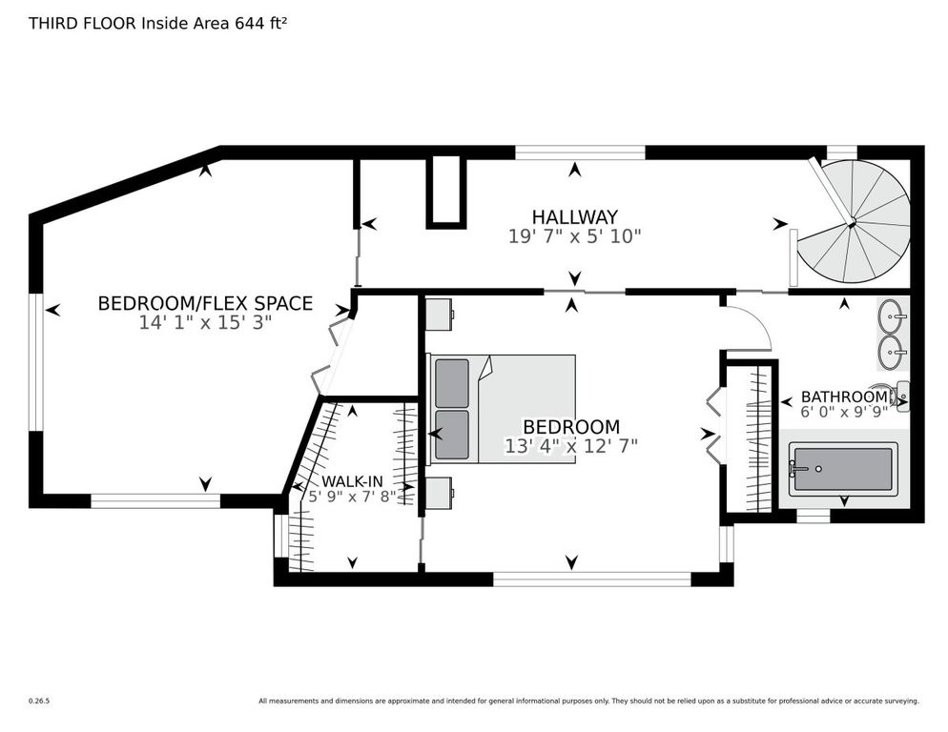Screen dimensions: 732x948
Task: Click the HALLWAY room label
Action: [x=574, y=217]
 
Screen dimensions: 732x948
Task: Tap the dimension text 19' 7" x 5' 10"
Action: [x=574, y=236]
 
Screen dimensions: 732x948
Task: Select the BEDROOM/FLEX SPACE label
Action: [x=205, y=304]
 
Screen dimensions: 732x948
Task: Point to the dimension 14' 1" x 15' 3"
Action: [x=205, y=323]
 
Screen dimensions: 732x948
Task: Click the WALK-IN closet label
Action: [x=353, y=481]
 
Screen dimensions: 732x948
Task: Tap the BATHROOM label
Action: [x=843, y=396]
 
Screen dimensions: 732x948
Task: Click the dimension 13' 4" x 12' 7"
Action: [x=570, y=445]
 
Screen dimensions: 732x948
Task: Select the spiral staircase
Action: [x=854, y=225]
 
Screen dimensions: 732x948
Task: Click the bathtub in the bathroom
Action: [x=842, y=469]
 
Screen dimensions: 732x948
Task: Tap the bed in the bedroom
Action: [x=504, y=409]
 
